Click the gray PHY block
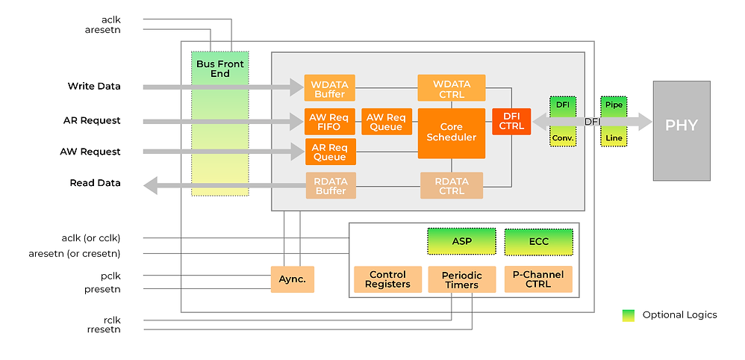[682, 124]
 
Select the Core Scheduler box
[451, 133]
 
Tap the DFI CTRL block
[511, 121]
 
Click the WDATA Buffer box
[329, 88]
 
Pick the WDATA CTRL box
[451, 88]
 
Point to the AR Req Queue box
[331, 152]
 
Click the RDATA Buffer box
[331, 185]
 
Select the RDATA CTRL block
[452, 185]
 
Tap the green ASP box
[461, 242]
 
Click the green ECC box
[538, 242]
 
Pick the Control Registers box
[387, 279]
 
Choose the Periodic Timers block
[462, 279]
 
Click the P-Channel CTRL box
[538, 279]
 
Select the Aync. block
[292, 279]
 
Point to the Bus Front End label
[220, 69]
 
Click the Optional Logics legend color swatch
[629, 315]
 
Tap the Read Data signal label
[95, 183]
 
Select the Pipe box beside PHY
[614, 105]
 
